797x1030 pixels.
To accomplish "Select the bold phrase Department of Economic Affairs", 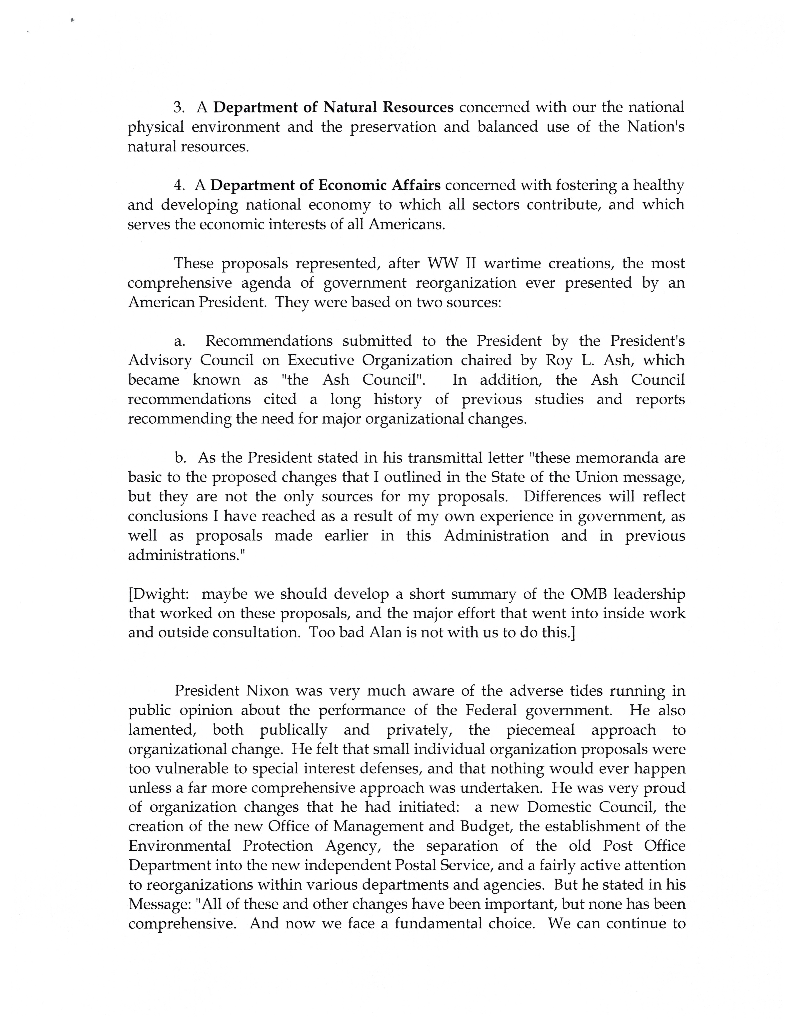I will [x=325, y=185].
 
